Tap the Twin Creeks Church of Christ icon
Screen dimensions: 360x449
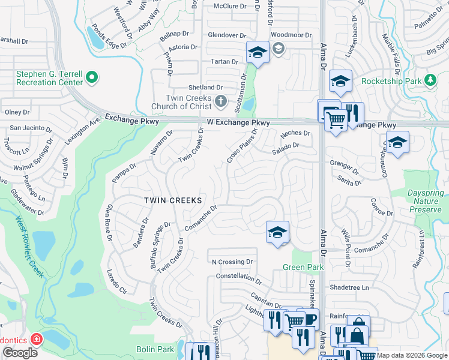[221, 101]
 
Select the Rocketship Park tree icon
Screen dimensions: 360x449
[430, 80]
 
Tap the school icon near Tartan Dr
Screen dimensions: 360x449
[257, 52]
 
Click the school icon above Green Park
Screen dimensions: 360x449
[277, 232]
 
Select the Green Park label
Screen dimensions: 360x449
[303, 267]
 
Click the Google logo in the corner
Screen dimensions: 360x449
[20, 353]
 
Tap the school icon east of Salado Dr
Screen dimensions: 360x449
[397, 143]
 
